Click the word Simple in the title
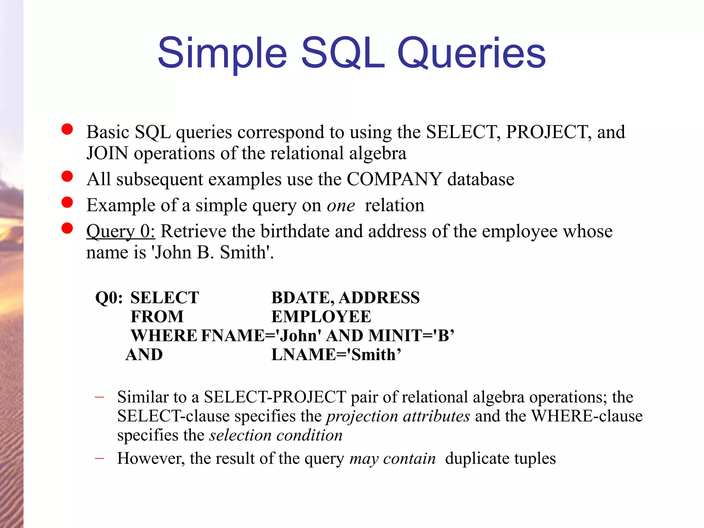point(222,53)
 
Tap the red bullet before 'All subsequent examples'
point(67,176)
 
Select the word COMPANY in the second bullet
point(394,179)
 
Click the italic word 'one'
point(341,206)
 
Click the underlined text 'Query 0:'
point(121,231)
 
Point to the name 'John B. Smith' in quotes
point(210,252)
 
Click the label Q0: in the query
point(109,298)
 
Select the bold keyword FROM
point(157,317)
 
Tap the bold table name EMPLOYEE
point(321,317)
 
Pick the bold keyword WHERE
point(164,335)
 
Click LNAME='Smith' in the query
point(336,355)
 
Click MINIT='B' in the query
point(411,335)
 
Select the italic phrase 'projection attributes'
point(398,416)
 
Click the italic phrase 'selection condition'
point(276,436)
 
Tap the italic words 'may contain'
point(392,459)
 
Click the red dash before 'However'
point(99,459)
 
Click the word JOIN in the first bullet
point(107,153)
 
